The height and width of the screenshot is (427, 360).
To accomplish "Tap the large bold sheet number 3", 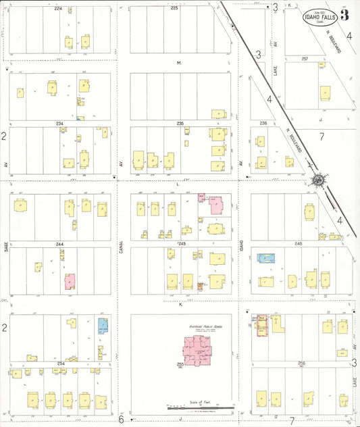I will pyautogui.click(x=345, y=14).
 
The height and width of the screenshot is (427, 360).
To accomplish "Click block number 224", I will pyautogui.click(x=58, y=9).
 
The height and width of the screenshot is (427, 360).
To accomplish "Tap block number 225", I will pyautogui.click(x=174, y=9).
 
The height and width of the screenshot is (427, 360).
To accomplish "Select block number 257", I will pyautogui.click(x=305, y=59).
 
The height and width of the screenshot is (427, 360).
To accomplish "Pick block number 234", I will pyautogui.click(x=59, y=124).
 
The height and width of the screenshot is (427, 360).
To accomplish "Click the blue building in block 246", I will pyautogui.click(x=267, y=257).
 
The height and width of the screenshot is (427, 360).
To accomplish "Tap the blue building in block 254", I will pyautogui.click(x=103, y=326).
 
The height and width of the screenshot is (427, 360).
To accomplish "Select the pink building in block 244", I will pyautogui.click(x=69, y=282).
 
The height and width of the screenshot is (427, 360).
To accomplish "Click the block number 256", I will pyautogui.click(x=301, y=363).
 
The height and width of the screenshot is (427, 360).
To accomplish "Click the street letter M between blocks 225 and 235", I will pyautogui.click(x=179, y=63).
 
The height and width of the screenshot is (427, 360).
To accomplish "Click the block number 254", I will pyautogui.click(x=61, y=363).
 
